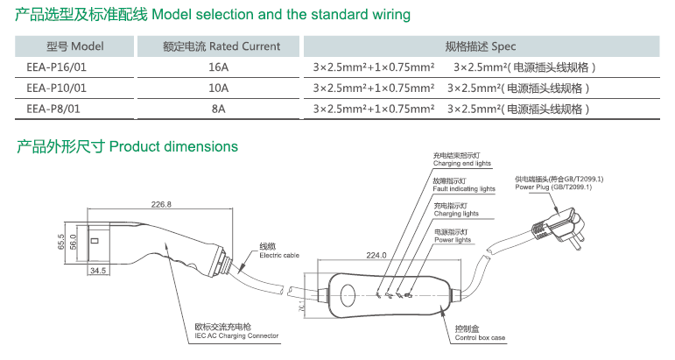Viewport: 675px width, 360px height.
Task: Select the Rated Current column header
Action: tap(221, 46)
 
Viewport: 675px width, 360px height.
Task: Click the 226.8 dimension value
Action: tap(162, 205)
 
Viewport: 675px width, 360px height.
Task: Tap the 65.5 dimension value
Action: tap(60, 240)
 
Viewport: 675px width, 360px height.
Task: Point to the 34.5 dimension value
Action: tap(98, 272)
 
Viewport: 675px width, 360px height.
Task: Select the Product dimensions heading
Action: tap(128, 146)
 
